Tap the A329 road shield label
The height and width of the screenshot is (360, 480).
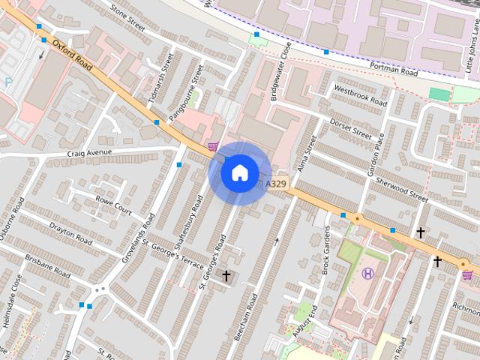pyautogui.click(x=276, y=183)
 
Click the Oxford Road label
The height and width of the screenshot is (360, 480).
pyautogui.click(x=72, y=55)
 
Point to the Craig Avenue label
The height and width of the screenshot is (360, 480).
pyautogui.click(x=88, y=152)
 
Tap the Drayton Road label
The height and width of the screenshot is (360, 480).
pyautogui.click(x=70, y=232)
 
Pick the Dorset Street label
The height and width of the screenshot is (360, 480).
pyautogui.click(x=351, y=127)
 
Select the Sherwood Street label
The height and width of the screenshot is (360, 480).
pyautogui.click(x=402, y=188)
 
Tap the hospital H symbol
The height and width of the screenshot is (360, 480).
pyautogui.click(x=367, y=273)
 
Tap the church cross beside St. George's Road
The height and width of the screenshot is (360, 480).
pyautogui.click(x=226, y=276)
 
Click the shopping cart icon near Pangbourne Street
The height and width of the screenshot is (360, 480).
pyautogui.click(x=214, y=146)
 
